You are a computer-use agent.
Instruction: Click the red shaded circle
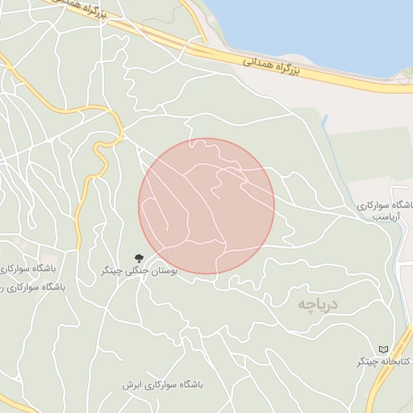(206, 206)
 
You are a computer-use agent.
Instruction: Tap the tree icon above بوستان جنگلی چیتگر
(140, 258)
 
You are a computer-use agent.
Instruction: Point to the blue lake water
(323, 24)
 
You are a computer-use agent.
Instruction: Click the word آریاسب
(386, 219)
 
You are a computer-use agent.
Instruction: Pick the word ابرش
(131, 386)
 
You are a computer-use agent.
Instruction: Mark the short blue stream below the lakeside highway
(327, 125)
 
